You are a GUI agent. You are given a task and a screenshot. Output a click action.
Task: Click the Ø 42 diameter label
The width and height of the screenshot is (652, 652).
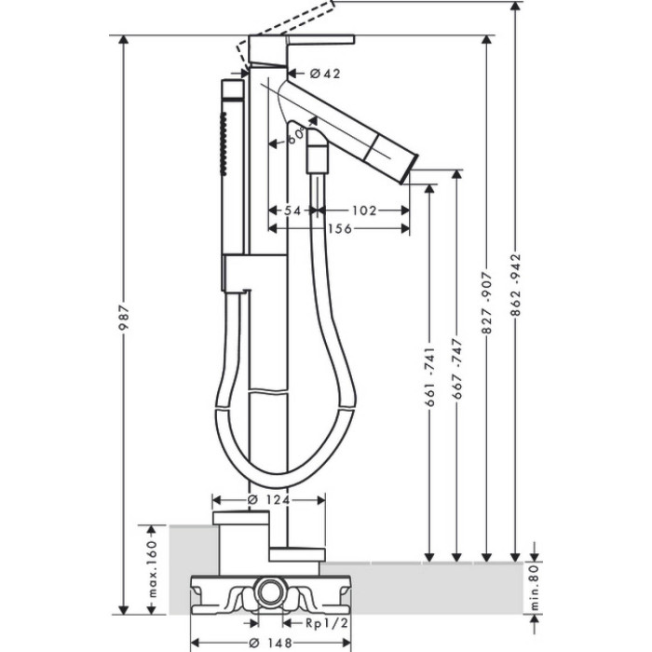click(325, 74)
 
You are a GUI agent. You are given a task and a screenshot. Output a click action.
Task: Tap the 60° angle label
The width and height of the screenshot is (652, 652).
click(296, 136)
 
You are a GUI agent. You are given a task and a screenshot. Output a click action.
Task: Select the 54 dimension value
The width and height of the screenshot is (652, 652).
click(292, 211)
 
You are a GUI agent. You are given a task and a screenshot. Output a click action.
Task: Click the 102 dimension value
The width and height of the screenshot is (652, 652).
click(364, 211)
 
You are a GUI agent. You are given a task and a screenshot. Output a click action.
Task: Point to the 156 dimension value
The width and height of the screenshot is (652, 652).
click(340, 228)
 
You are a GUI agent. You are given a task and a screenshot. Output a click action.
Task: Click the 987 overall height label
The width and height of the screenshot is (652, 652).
click(124, 318)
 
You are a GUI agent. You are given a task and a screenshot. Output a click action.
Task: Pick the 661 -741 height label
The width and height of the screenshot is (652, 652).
click(430, 377)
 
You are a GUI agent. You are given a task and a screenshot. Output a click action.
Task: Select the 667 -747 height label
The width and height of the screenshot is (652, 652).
click(457, 369)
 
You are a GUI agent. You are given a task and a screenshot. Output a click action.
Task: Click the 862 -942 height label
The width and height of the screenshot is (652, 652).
click(516, 285)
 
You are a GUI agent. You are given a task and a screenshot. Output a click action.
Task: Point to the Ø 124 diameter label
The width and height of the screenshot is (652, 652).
click(268, 499)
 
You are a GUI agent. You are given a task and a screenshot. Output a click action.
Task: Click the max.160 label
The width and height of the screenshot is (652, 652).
click(153, 569)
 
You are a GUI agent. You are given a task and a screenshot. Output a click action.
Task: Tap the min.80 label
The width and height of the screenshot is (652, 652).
click(535, 586)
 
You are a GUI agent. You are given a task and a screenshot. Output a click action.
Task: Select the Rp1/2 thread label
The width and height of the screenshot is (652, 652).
click(327, 622)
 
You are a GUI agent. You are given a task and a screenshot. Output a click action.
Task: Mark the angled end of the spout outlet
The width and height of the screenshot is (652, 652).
click(409, 169)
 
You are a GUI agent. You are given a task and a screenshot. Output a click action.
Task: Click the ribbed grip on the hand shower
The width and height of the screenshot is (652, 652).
click(224, 143)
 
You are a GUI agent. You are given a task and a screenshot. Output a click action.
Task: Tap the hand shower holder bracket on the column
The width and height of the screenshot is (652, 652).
click(253, 272)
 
